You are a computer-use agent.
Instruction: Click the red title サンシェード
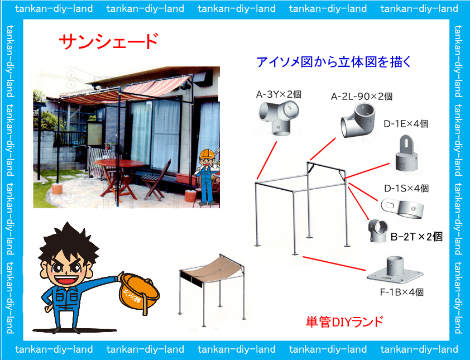pos(108,41)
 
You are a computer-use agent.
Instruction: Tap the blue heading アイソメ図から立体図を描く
pos(334,62)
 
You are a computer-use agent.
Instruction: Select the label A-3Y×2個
pos(279,94)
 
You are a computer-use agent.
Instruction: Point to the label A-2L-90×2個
pos(362,96)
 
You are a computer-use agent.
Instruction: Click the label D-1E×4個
pos(406,123)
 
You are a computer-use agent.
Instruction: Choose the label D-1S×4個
pos(406,188)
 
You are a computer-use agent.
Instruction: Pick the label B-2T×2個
pos(416,237)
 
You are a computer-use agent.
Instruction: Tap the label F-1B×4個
pos(402,292)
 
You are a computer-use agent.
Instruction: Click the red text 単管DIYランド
pos(344,322)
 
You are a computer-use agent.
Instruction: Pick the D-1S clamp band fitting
pos(402,209)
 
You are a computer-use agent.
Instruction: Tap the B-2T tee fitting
pos(378,230)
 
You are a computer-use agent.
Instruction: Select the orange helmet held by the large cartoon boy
pos(139,293)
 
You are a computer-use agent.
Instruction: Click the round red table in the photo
pos(119,164)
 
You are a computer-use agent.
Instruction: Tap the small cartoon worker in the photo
pos(208,177)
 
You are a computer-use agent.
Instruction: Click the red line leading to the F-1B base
pos(334,263)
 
